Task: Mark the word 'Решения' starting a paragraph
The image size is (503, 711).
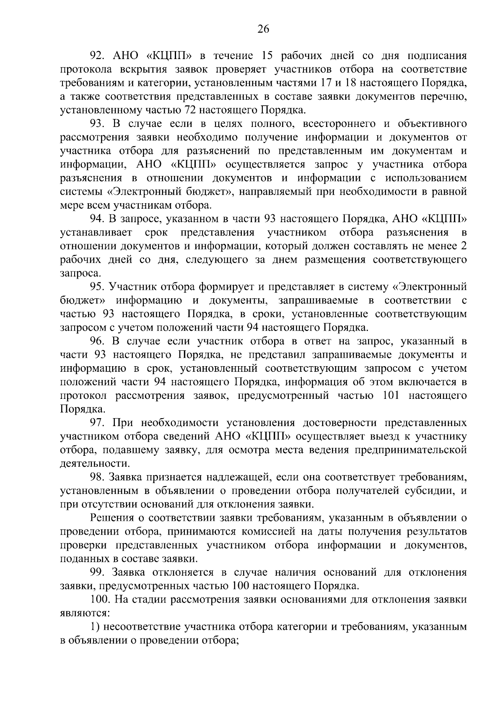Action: [117, 518]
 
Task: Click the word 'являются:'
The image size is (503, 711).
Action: [85, 613]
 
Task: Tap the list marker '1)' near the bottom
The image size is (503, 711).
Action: [96, 627]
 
